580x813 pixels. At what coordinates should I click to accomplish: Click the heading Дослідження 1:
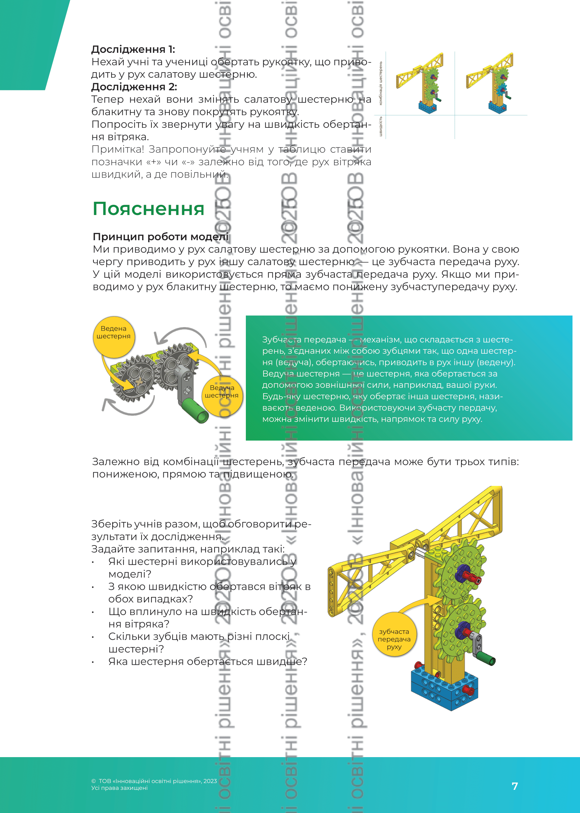click(133, 49)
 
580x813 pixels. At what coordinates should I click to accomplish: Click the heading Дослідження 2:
click(134, 87)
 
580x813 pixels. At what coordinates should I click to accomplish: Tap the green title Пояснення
click(148, 209)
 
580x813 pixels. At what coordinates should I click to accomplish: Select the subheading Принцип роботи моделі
click(160, 236)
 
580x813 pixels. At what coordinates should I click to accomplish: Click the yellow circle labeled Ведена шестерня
click(114, 336)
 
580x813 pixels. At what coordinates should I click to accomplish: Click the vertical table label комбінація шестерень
click(381, 83)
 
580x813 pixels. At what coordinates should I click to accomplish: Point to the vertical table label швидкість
click(381, 126)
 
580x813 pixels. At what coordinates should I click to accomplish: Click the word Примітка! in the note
click(118, 149)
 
